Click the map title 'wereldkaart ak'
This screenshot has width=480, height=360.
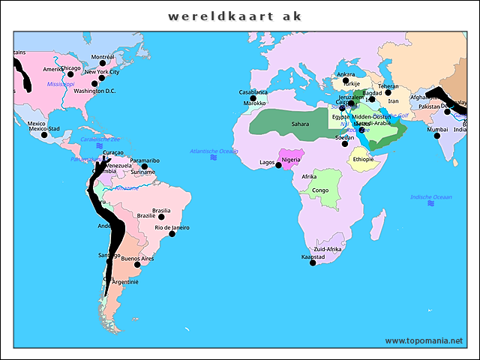(x=235, y=16)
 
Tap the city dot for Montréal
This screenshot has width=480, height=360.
(x=103, y=64)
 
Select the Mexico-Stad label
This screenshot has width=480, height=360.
(x=44, y=129)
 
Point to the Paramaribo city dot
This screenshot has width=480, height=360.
(x=145, y=166)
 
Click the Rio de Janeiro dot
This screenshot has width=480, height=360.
(x=172, y=234)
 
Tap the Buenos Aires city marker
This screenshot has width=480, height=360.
(x=137, y=265)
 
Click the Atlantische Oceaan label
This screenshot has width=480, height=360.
(x=214, y=151)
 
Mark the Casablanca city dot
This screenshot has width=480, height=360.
(x=253, y=98)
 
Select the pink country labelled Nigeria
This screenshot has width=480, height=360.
(x=290, y=159)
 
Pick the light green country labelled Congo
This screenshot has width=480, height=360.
(x=320, y=190)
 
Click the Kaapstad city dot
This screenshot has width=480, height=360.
(x=313, y=262)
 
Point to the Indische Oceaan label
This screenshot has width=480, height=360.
(x=431, y=197)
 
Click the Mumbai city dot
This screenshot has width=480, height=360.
(x=436, y=135)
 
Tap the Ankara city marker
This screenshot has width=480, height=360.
(x=346, y=80)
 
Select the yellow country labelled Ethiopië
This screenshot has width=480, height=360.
(x=363, y=159)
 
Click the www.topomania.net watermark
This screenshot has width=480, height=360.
(x=424, y=340)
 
